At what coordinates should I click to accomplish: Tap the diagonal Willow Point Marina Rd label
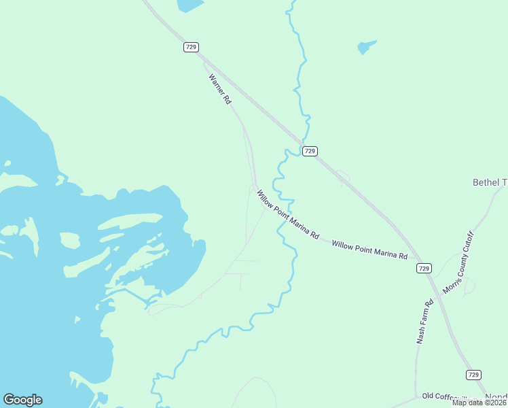click(x=288, y=214)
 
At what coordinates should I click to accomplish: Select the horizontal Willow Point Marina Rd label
click(x=369, y=250)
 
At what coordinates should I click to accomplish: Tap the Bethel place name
click(x=490, y=182)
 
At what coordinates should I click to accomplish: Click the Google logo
click(x=22, y=400)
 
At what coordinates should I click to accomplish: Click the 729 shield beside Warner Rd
click(x=191, y=47)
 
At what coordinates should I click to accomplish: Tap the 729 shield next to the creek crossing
click(x=310, y=151)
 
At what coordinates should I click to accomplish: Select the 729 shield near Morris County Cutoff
click(x=424, y=269)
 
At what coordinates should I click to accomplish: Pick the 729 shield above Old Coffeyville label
click(x=474, y=375)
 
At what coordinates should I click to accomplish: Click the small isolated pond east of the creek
click(x=366, y=47)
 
